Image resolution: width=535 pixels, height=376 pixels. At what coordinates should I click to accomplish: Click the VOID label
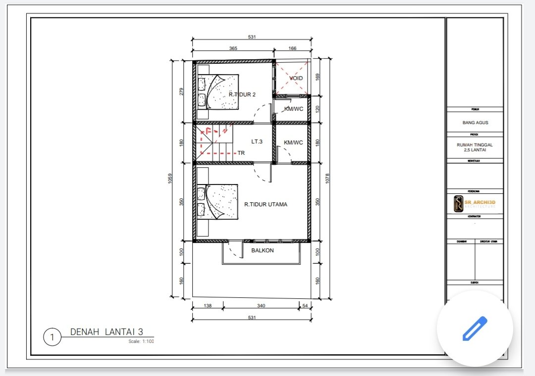click(296, 78)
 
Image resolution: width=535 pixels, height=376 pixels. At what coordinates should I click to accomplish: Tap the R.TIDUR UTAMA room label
click(266, 204)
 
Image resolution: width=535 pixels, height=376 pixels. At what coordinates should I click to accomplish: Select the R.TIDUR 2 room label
click(242, 94)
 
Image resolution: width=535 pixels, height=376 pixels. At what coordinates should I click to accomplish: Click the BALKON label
click(262, 250)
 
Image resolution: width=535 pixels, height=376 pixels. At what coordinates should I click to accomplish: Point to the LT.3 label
click(257, 141)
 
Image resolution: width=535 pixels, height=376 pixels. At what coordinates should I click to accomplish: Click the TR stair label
click(241, 153)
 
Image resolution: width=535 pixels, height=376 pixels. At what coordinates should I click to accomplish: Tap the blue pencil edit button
click(475, 329)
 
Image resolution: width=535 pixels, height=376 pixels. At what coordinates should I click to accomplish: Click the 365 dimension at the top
click(233, 48)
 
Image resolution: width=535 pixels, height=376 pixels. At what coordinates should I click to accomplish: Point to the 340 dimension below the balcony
click(261, 306)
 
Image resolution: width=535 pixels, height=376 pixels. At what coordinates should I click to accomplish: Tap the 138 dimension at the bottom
click(208, 306)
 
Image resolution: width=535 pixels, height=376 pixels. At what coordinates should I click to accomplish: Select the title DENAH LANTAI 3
click(106, 332)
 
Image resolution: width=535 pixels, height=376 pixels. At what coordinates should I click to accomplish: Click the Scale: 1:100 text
click(141, 341)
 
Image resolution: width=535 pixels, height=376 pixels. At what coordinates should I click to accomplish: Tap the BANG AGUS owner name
click(475, 122)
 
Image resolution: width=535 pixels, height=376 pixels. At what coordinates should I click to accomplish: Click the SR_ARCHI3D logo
click(475, 203)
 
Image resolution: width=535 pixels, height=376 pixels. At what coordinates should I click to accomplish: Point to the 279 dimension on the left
click(181, 91)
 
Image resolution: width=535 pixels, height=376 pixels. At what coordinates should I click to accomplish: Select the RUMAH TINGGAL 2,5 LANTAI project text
click(475, 147)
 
